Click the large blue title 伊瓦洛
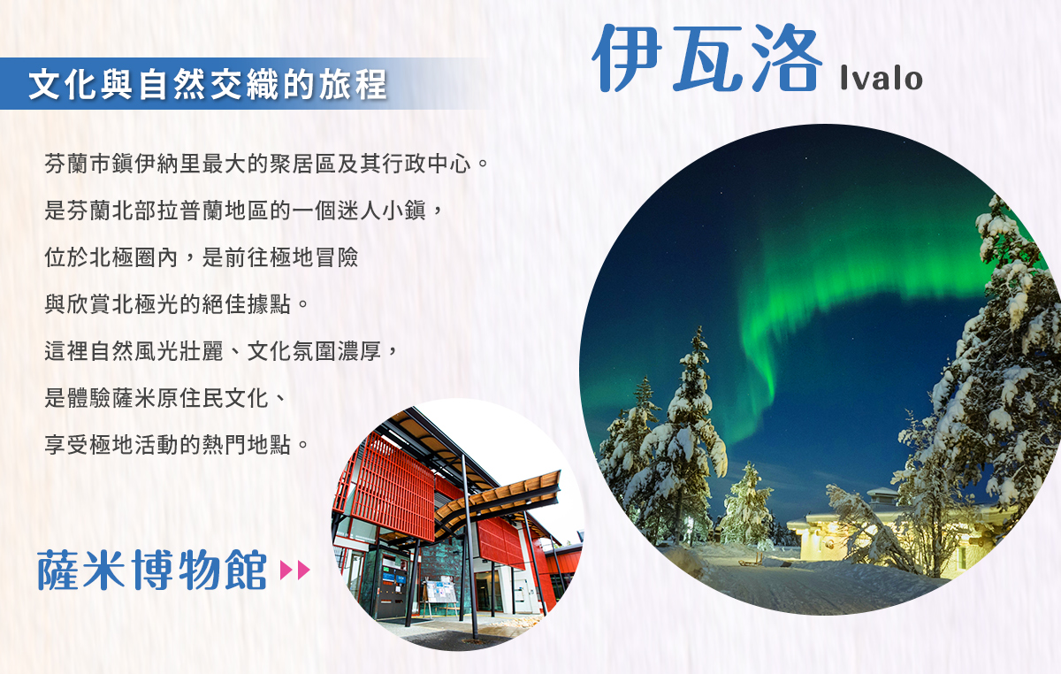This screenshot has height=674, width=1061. (706, 57)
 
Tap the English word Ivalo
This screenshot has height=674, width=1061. (881, 78)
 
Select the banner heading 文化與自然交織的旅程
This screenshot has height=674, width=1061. (208, 84)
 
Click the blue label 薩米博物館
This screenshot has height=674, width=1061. (152, 570)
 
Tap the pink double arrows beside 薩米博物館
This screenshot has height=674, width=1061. (294, 571)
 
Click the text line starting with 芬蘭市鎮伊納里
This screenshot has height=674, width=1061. (266, 164)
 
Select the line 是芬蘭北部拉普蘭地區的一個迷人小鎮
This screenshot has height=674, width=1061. (244, 211)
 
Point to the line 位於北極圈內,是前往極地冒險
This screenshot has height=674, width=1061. (202, 257)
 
